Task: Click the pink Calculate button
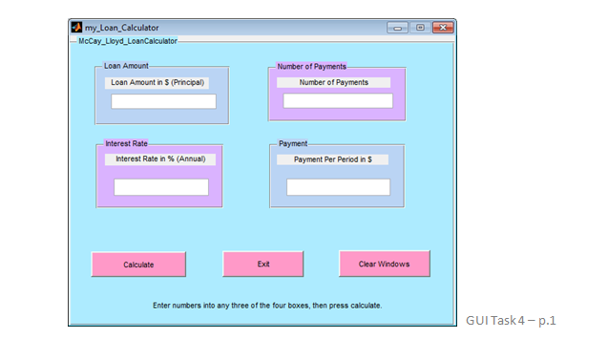click(138, 264)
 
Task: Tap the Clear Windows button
click(384, 263)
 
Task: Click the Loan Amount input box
click(163, 101)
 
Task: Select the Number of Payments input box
click(338, 100)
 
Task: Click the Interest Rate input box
click(160, 187)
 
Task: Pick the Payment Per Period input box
click(338, 186)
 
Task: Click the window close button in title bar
click(441, 28)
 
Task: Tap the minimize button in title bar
click(397, 28)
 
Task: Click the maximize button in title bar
click(420, 28)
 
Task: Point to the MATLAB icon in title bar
click(76, 27)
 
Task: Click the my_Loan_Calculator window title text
click(122, 28)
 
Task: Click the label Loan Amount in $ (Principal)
click(157, 82)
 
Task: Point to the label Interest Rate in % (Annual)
click(160, 159)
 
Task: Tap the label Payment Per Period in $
click(332, 159)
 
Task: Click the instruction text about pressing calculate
click(267, 306)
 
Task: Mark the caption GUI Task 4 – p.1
click(511, 320)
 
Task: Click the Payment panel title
click(293, 144)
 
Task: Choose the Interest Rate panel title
click(126, 143)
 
